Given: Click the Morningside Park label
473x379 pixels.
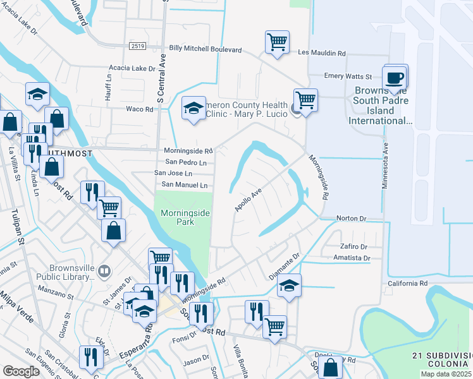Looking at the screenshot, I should [x=184, y=218].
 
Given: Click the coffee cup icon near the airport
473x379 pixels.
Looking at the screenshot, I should [x=395, y=78].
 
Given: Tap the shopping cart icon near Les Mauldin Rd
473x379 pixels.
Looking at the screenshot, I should [x=277, y=42].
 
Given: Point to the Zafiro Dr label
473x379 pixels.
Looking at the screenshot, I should [x=353, y=246].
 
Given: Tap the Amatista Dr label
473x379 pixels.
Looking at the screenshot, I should [x=353, y=258].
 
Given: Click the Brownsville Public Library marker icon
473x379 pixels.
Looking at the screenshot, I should [x=104, y=272].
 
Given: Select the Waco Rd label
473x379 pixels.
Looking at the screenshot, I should [x=140, y=109].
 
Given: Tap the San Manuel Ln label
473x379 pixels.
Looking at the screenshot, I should [x=185, y=185].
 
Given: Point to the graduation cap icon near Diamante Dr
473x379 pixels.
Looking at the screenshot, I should [x=289, y=286].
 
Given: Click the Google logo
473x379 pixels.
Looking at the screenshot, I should [x=21, y=371].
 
